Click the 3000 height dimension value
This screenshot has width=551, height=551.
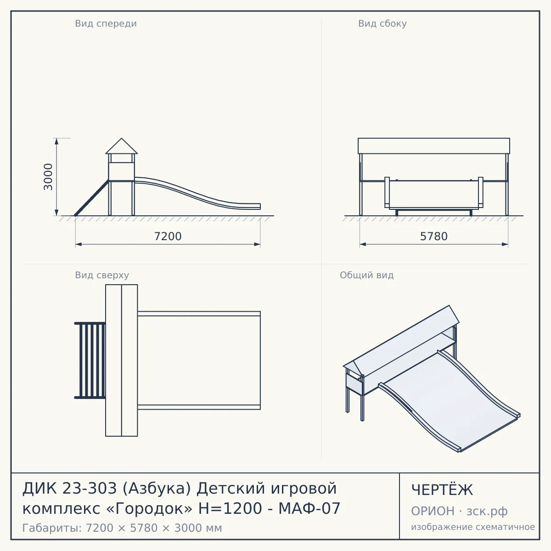[48, 177]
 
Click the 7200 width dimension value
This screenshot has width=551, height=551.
[168, 236]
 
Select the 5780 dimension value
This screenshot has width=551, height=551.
[434, 236]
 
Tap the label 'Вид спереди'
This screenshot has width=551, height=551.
[106, 24]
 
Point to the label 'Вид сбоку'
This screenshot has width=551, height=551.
[382, 24]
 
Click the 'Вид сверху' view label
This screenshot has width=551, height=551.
[102, 275]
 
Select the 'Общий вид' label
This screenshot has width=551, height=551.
[366, 275]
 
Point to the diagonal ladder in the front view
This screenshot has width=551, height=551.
[91, 198]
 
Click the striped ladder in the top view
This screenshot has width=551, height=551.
[90, 360]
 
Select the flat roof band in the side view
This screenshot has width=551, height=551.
[434, 146]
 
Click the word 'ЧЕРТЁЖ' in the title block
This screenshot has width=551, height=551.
[442, 490]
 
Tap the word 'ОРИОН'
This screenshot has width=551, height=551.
[433, 511]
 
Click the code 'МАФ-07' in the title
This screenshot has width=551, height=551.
[309, 508]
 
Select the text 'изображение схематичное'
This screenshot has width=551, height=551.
[473, 527]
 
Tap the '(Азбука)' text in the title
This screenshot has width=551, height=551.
[157, 489]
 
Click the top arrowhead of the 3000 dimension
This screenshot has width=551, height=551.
[56, 141]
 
